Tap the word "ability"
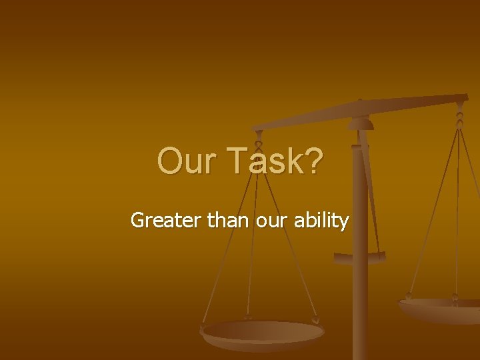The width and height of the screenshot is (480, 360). coord(321,220)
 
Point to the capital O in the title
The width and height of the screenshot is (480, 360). coord(169,161)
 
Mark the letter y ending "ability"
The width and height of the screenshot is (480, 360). coord(344,222)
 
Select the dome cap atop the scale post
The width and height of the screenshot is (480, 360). coord(361,123)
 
